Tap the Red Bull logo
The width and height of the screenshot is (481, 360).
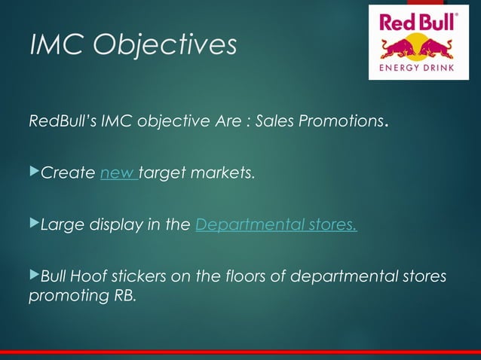(x=418, y=42)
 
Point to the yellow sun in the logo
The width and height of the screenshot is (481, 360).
(x=418, y=44)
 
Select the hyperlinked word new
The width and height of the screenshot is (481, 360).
(x=118, y=174)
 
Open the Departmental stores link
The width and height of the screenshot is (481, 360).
(x=276, y=224)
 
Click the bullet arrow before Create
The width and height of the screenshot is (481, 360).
(x=32, y=173)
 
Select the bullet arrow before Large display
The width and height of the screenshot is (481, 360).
(x=32, y=224)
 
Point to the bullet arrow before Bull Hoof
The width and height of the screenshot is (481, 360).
(x=32, y=275)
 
